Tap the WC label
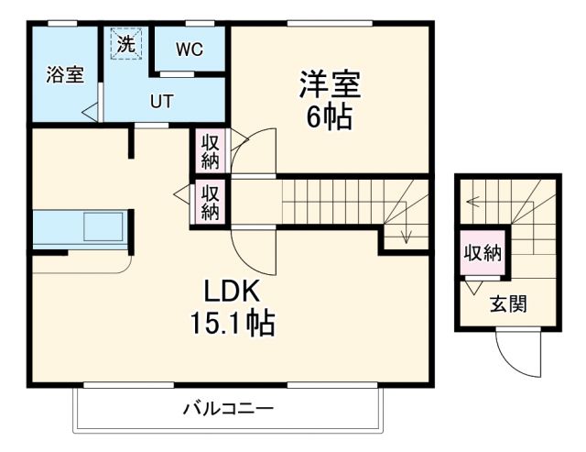pos(190,49)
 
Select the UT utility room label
pos(162,101)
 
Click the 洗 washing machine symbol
pos(125,43)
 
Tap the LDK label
pos(233,291)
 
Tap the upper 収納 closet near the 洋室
pos(210,151)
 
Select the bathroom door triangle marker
pos(90,113)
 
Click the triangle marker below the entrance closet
pos(472,287)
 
